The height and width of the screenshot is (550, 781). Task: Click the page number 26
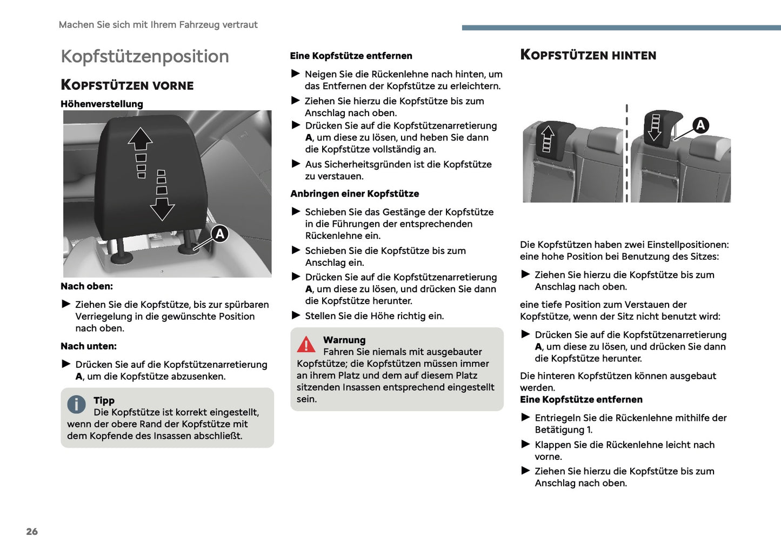point(32,532)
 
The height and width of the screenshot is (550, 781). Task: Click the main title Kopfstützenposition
point(145,56)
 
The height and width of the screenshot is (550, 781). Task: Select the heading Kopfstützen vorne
point(127,85)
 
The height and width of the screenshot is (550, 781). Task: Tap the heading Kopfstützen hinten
point(588,55)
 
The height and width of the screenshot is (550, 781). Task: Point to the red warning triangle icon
point(306,344)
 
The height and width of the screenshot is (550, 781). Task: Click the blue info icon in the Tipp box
point(76,404)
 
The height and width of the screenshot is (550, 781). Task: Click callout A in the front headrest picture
point(219,234)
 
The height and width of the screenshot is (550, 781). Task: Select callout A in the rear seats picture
point(700,125)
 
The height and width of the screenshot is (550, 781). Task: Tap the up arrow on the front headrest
point(141,139)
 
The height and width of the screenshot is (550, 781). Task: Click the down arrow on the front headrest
point(162,208)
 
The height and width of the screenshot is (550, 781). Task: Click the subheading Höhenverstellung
point(102,104)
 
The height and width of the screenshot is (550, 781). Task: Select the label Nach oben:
point(86,286)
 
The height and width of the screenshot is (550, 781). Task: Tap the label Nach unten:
point(89,346)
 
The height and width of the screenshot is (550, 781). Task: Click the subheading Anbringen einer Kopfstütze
point(355,193)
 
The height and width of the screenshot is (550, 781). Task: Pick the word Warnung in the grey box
point(344,340)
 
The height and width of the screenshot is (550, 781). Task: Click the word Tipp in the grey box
point(104,400)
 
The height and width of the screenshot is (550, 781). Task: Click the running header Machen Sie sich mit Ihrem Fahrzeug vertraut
point(158,25)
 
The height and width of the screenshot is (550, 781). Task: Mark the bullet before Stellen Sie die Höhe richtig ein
point(296,316)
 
